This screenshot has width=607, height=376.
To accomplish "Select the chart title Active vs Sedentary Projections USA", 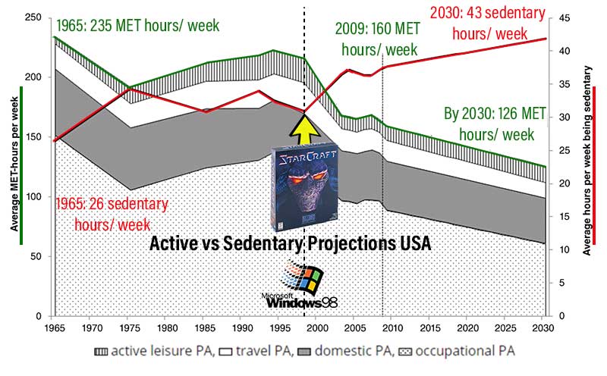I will pos(290,244).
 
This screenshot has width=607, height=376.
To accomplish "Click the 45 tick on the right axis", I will pos(565,17).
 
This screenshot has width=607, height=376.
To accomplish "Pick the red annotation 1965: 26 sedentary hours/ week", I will pos(111,214).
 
